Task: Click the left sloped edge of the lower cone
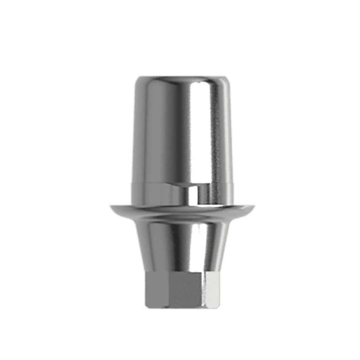click(x=140, y=248)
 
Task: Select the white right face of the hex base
click(x=212, y=289)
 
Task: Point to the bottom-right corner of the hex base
click(x=217, y=305)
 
